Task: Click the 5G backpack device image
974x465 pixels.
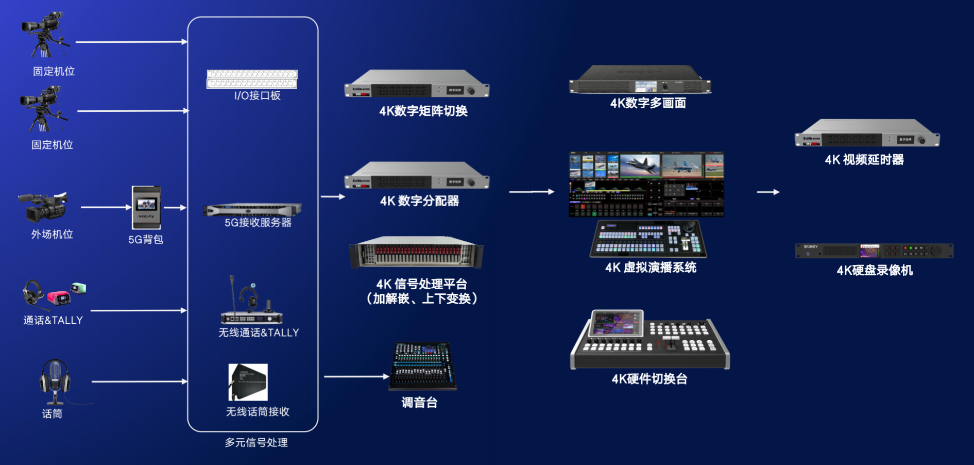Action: pyautogui.click(x=146, y=207)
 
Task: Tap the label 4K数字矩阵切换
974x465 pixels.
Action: pyautogui.click(x=423, y=111)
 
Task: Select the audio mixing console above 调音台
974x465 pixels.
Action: pyautogui.click(x=422, y=366)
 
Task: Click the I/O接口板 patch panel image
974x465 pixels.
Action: pyautogui.click(x=252, y=79)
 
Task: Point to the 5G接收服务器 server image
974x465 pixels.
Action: pyautogui.click(x=252, y=210)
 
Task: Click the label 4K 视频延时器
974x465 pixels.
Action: pyautogui.click(x=864, y=160)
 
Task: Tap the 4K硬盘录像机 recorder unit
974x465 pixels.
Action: pyautogui.click(x=874, y=251)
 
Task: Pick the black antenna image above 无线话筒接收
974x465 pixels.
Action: pyautogui.click(x=248, y=382)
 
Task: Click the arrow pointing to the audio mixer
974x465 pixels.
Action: pyautogui.click(x=356, y=377)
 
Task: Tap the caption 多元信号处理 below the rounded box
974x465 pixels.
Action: pyautogui.click(x=256, y=442)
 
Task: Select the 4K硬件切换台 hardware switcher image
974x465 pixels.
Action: pyautogui.click(x=650, y=340)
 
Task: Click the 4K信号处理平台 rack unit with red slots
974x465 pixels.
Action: pyautogui.click(x=416, y=253)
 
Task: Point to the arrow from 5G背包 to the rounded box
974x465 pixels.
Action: pyautogui.click(x=175, y=208)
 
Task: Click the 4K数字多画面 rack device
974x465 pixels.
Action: pyautogui.click(x=640, y=80)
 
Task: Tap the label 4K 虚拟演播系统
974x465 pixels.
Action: pyautogui.click(x=651, y=267)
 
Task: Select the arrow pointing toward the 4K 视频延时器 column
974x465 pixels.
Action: pyautogui.click(x=768, y=192)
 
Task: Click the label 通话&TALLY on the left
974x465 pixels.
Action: pyautogui.click(x=53, y=320)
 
